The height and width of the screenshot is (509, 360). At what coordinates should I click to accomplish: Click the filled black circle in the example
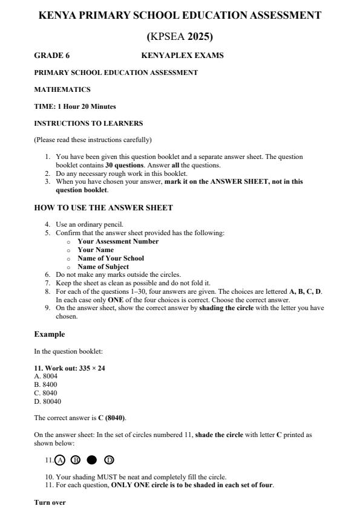pos(92,460)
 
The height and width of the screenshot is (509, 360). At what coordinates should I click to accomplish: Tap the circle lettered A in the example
pos(60,460)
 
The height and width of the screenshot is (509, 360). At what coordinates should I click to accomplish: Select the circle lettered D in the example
pos(109,460)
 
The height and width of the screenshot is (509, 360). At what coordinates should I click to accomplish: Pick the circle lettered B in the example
pos(76,460)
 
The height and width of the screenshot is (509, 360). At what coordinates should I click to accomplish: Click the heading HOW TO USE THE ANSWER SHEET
pos(103,208)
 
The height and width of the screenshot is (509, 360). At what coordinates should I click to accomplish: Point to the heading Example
pos(49,334)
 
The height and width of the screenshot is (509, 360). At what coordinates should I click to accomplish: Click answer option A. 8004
pos(46,375)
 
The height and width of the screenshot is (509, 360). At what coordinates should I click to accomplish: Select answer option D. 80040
pos(48,401)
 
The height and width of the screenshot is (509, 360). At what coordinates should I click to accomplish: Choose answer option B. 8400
pos(46,384)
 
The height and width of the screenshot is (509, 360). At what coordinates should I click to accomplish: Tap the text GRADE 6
pos(52,56)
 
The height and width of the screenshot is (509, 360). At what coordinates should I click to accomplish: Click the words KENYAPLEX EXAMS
pos(182,56)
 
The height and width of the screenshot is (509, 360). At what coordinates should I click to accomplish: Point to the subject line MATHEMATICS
pos(62,89)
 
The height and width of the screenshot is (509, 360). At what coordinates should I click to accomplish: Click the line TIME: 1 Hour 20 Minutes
pos(74,106)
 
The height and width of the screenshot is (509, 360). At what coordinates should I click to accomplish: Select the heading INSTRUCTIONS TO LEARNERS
pos(88,123)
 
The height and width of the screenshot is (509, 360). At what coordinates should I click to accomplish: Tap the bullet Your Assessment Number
pos(118,241)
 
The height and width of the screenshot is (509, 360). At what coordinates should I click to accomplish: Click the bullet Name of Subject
pos(103,267)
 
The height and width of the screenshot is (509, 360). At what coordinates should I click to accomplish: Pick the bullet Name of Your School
pos(111,258)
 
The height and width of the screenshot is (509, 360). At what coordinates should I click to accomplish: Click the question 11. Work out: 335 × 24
pos(70,368)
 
